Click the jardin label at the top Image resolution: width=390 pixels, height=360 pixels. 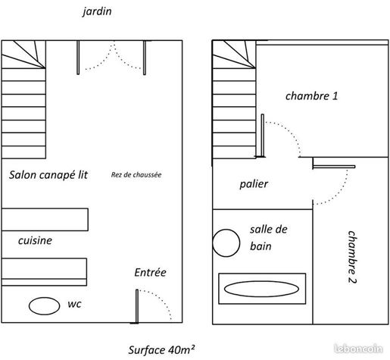(97, 11)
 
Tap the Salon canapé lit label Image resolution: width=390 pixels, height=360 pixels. (48, 174)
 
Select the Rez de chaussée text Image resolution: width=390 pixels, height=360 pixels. (136, 174)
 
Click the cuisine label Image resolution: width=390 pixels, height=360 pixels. (35, 240)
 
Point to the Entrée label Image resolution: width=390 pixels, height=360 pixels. (150, 272)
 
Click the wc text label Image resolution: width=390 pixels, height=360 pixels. (74, 304)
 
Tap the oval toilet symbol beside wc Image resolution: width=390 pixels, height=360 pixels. (44, 306)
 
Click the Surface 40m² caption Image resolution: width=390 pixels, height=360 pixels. (161, 350)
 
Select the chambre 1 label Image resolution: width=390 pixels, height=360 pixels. (311, 96)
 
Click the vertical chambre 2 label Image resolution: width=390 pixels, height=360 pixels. (352, 257)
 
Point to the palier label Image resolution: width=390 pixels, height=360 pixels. (254, 184)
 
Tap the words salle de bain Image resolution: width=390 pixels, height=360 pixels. (269, 238)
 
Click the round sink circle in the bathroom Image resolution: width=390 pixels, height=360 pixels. (226, 243)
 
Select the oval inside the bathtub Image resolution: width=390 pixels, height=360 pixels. (261, 289)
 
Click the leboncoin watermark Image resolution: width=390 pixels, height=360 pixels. (358, 349)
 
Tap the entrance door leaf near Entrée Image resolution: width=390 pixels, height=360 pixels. (137, 306)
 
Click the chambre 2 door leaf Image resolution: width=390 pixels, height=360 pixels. (334, 167)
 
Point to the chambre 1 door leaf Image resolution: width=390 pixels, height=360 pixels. (263, 136)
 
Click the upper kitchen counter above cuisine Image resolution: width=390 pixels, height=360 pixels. (45, 220)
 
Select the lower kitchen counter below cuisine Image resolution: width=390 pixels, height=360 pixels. (44, 272)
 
